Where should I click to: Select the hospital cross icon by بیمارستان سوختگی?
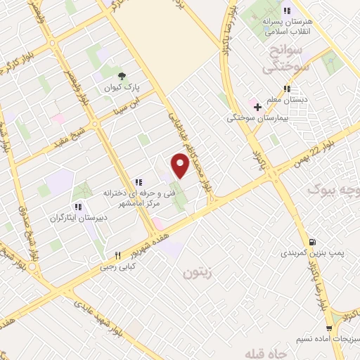(257, 107)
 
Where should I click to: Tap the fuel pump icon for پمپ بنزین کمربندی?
(312, 241)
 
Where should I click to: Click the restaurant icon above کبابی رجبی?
(117, 255)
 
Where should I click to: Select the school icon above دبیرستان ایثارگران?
(78, 207)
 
